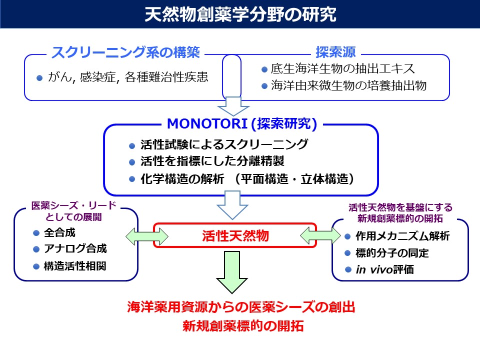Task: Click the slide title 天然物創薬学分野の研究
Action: coord(240,14)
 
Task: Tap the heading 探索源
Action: coord(335,52)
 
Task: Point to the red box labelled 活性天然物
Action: coord(235,235)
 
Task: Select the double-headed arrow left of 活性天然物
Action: coord(139,235)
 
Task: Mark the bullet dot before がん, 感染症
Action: coord(39,78)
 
